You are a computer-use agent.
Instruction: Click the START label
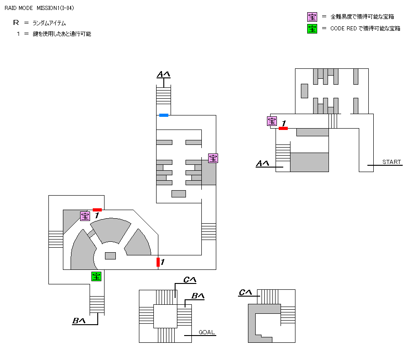click(x=391, y=162)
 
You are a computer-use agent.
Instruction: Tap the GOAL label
click(x=206, y=332)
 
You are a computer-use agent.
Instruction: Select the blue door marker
click(x=164, y=115)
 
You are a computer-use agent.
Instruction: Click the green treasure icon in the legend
click(x=312, y=29)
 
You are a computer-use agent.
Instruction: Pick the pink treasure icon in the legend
click(x=312, y=17)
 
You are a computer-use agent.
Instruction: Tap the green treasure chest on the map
click(x=96, y=276)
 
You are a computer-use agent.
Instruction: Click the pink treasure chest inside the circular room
click(x=85, y=216)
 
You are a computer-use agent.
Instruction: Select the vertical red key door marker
click(x=158, y=262)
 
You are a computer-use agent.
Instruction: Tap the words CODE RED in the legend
click(x=345, y=29)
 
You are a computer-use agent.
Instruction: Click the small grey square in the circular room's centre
click(x=110, y=256)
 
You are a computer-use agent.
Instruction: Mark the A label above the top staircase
click(x=163, y=74)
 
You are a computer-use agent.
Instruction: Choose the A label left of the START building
click(x=263, y=163)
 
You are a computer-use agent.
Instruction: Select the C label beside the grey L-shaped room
click(x=245, y=293)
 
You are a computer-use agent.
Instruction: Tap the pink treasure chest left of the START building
click(x=272, y=121)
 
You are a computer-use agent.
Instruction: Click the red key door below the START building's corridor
click(x=283, y=129)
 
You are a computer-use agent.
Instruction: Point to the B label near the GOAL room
click(x=198, y=296)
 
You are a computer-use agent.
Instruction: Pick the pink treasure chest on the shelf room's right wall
click(x=213, y=158)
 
